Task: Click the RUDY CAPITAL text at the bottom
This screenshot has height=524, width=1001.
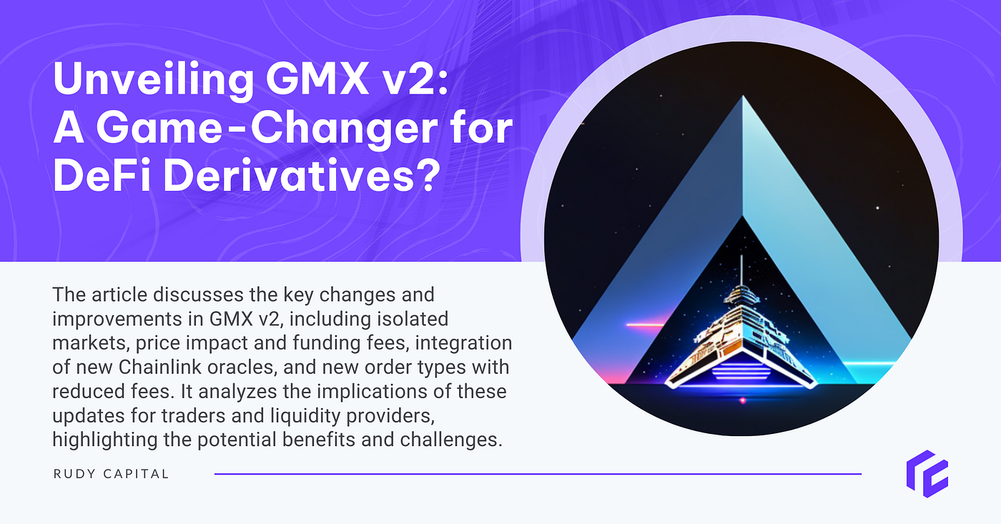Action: click(x=111, y=474)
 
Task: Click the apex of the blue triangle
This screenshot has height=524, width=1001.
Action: click(x=743, y=100)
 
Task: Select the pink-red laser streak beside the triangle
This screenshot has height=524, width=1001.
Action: click(x=646, y=325)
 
